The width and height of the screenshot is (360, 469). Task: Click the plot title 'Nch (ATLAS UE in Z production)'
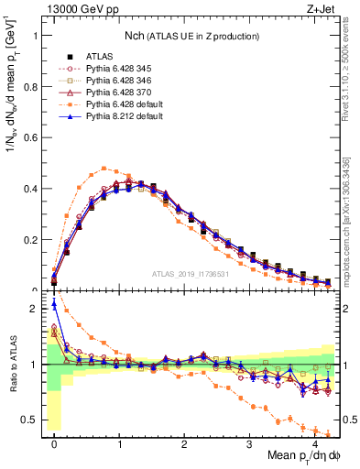190,36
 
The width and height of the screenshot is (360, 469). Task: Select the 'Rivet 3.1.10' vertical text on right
351,64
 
